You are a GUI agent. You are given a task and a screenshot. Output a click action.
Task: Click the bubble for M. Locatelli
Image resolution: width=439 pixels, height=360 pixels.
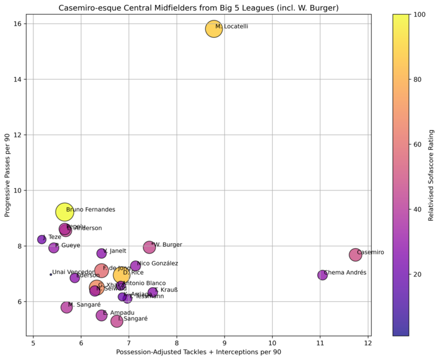[214, 29]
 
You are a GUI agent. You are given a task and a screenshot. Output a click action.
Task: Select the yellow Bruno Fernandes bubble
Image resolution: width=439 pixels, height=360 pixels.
[64, 212]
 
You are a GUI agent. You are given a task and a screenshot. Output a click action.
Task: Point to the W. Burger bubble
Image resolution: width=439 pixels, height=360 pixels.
[149, 247]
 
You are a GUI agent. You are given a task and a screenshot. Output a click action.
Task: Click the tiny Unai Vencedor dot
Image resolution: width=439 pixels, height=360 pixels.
[51, 274]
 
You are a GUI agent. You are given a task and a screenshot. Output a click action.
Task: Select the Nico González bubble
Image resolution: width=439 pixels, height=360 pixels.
[153, 266]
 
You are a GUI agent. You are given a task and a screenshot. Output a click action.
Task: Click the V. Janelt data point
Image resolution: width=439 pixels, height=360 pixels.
[101, 254]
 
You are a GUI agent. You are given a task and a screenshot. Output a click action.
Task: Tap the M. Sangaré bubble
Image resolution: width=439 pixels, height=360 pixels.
[66, 307]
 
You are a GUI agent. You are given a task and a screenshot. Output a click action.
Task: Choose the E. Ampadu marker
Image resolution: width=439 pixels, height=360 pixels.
[101, 315]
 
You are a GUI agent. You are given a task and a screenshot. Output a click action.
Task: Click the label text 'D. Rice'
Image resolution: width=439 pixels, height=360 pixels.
[133, 273]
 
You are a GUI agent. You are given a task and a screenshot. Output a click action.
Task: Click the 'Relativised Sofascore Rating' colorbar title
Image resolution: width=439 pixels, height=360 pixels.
[430, 175]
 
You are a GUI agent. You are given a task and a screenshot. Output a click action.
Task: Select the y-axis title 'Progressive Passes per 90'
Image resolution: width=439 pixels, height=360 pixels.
[7, 175]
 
